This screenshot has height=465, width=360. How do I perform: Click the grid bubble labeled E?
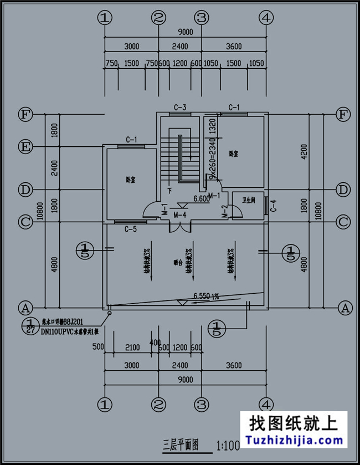(x=25, y=147)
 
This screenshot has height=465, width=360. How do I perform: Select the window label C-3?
(x=179, y=107)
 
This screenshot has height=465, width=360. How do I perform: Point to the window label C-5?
(x=130, y=228)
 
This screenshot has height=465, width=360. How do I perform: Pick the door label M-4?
(x=179, y=214)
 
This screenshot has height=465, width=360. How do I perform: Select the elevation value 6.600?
(x=200, y=198)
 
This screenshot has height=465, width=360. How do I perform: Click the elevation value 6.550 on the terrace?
(x=202, y=296)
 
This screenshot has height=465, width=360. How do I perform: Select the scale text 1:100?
(x=228, y=444)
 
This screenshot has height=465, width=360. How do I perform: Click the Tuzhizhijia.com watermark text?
(x=293, y=441)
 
